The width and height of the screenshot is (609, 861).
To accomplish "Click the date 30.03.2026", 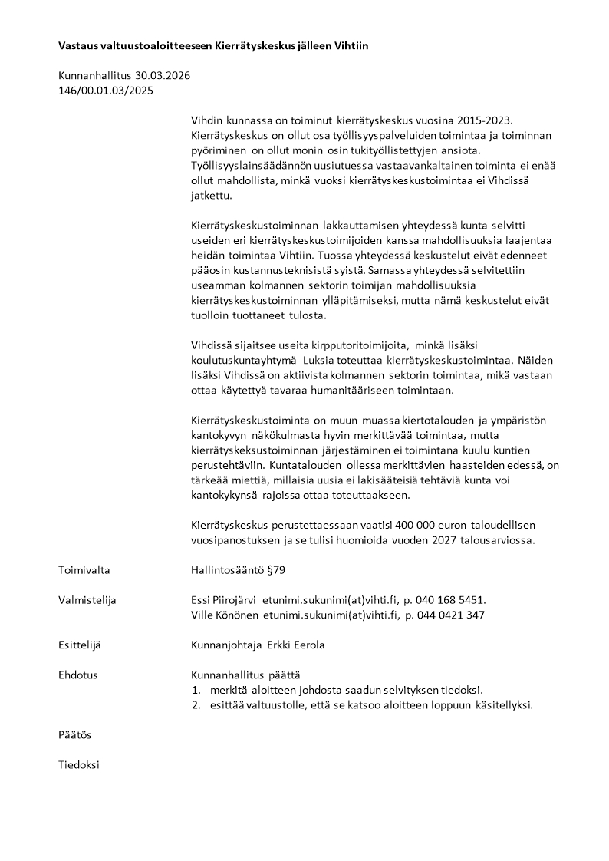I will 163,76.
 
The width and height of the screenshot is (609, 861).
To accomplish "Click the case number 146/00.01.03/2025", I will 106,91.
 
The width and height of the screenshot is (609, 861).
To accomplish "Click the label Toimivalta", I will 84,570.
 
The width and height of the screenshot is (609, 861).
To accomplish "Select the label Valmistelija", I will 87,600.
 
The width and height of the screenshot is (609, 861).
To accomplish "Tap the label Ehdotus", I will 77,675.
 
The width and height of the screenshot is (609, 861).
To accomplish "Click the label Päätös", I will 74,734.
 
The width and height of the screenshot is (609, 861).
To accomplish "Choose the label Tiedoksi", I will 78,764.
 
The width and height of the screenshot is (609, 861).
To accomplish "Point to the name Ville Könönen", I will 224,615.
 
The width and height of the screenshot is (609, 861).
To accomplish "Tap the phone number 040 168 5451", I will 452,600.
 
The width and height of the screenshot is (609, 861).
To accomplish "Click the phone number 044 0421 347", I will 453,615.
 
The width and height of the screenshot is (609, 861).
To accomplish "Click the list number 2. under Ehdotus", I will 196,704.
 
